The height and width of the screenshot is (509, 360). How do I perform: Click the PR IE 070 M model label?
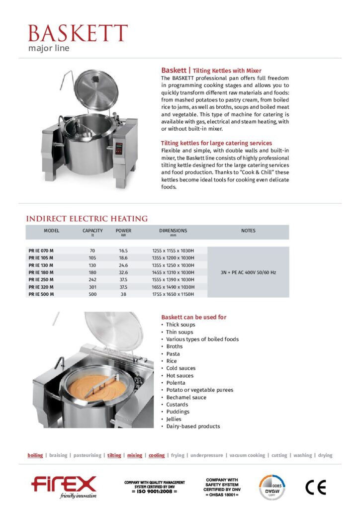click(x=41, y=251)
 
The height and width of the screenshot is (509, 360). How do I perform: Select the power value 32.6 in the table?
click(x=123, y=272)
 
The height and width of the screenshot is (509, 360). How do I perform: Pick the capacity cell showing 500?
click(x=92, y=294)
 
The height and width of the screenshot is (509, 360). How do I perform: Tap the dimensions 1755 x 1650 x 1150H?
click(x=173, y=294)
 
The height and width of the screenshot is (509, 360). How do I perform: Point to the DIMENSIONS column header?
click(x=173, y=231)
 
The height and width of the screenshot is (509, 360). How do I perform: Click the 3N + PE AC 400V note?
click(x=248, y=272)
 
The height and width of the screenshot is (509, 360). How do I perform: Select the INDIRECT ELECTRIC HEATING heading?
click(x=87, y=218)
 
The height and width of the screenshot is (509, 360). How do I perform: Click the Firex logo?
click(x=64, y=485)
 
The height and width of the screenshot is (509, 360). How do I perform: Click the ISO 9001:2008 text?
click(x=154, y=491)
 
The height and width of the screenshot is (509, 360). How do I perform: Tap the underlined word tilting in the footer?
click(x=114, y=455)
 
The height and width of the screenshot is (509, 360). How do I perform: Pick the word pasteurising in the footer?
click(x=87, y=455)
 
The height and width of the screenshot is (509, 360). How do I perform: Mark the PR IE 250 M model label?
click(x=41, y=280)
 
